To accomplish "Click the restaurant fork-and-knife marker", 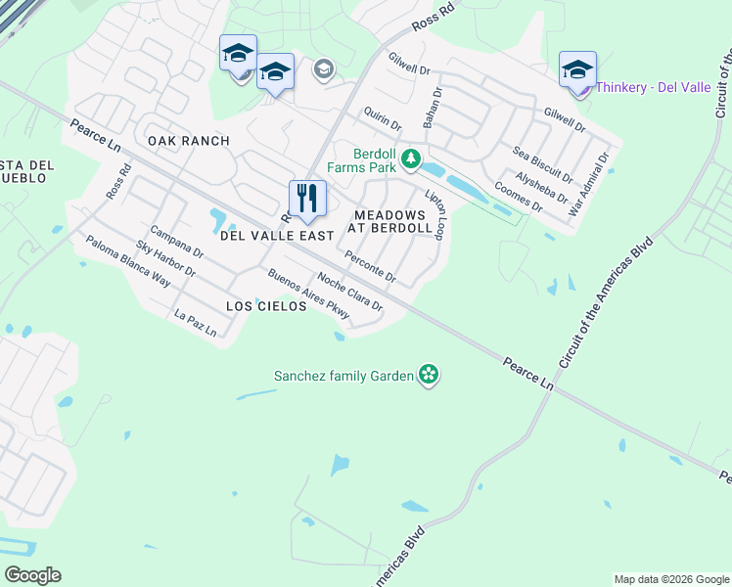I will [307, 199].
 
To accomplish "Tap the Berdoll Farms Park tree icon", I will [412, 158].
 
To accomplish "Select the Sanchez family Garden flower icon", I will [428, 374].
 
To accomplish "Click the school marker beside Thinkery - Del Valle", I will [577, 70].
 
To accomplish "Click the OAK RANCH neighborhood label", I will [189, 141].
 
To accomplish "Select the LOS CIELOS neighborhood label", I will [266, 306].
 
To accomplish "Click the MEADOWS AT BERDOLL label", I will [392, 221].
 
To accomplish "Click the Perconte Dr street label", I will [370, 267].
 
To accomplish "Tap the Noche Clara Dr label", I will [349, 293].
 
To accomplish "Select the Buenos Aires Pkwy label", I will [308, 293].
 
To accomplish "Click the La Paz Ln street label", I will [195, 324].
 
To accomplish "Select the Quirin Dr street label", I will [382, 120].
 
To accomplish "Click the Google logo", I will [32, 575].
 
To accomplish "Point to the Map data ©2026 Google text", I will [670, 579].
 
